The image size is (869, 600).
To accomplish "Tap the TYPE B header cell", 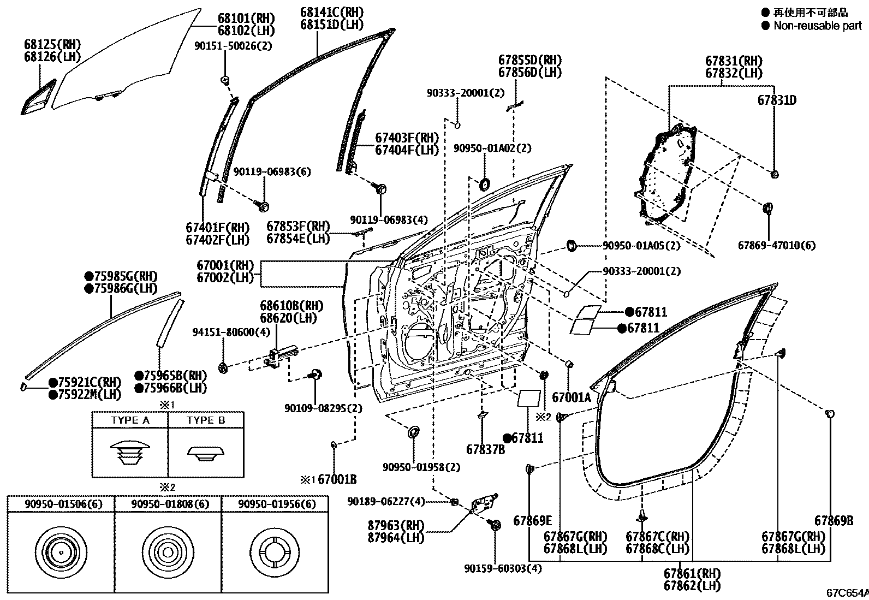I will pos(205,420).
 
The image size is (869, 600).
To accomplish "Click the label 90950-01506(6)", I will pos(60,504).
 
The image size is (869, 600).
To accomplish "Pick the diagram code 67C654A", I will pos(847,593).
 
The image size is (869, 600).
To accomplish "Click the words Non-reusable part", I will pos(817,26).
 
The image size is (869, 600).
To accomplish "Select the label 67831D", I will pos(776,100).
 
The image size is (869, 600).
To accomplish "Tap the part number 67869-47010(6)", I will pos(776,245).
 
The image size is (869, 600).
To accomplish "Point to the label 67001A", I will pos(571,397).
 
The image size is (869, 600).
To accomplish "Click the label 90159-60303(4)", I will pos(503,568).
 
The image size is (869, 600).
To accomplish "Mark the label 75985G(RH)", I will pos(125,276).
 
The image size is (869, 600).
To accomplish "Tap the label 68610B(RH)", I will pos(291,306).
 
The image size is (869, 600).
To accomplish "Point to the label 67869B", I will pos(834,521).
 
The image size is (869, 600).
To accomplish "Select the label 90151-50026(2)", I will pos(233,46).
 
